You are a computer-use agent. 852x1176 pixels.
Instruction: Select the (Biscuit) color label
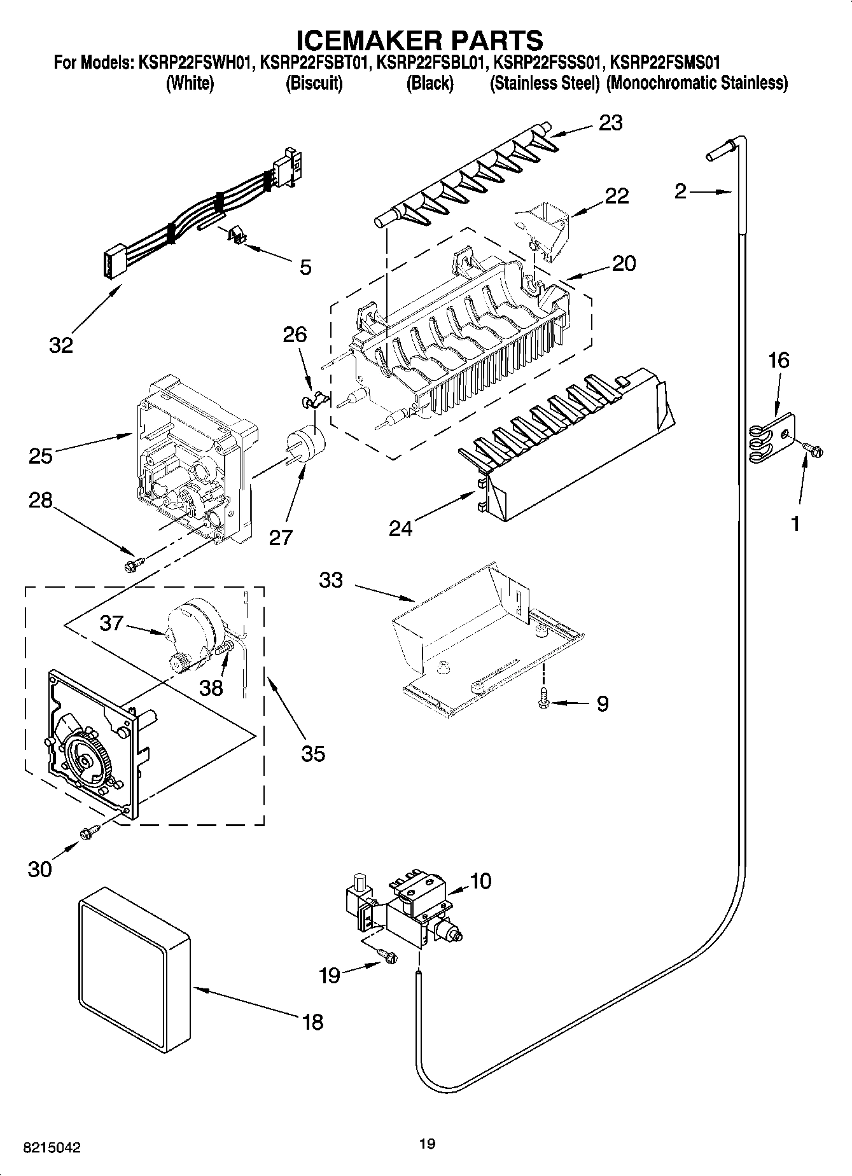[314, 83]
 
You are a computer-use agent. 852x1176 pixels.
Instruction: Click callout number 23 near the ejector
[610, 123]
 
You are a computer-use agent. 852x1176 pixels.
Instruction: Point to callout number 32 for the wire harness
[61, 345]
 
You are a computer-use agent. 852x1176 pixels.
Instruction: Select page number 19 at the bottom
[427, 1144]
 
